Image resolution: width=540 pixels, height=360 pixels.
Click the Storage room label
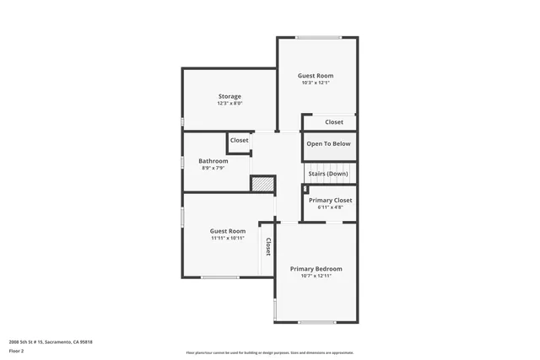pyautogui.click(x=229, y=96)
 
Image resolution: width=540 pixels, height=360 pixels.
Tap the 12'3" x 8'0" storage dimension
pyautogui.click(x=229, y=104)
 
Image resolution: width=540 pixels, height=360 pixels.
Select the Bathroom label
pyautogui.click(x=213, y=161)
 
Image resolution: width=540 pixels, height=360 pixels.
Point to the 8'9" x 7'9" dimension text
pyautogui.click(x=213, y=168)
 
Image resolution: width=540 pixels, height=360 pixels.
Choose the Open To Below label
pyautogui.click(x=328, y=144)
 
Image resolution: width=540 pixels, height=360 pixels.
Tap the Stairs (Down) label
pyautogui.click(x=327, y=174)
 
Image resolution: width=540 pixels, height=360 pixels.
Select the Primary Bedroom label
pyautogui.click(x=316, y=269)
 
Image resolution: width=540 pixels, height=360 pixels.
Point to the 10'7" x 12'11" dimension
pyautogui.click(x=316, y=277)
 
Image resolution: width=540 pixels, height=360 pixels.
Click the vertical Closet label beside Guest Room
pyautogui.click(x=268, y=247)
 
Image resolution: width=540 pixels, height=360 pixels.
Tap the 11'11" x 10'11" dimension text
pyautogui.click(x=228, y=239)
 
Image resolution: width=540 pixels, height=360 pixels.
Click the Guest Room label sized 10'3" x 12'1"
pyautogui.click(x=316, y=76)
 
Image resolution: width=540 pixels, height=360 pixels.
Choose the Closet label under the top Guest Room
pyautogui.click(x=334, y=122)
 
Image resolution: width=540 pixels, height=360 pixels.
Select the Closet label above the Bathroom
pyautogui.click(x=240, y=141)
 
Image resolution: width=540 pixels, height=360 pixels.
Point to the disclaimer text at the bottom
pyautogui.click(x=269, y=353)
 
